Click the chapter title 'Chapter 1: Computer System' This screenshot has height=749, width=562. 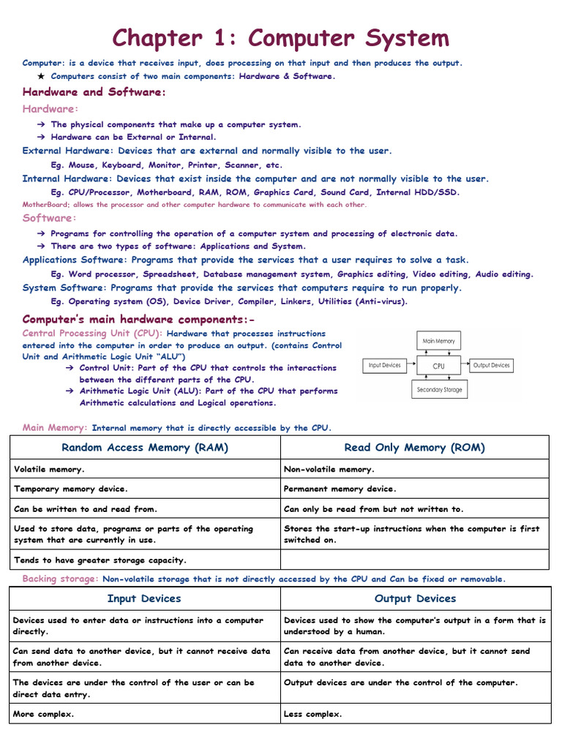(x=280, y=37)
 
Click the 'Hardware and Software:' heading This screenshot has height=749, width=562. (x=94, y=92)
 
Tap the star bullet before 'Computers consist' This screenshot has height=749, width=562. (x=41, y=76)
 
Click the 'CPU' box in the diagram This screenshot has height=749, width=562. (x=439, y=366)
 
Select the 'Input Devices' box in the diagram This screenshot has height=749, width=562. (x=385, y=366)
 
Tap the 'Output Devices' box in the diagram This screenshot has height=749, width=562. (x=491, y=366)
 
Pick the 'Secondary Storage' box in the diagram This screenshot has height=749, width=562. (x=439, y=390)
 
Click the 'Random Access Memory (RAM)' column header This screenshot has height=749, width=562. (x=145, y=448)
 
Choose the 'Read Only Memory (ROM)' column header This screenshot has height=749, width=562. (x=414, y=448)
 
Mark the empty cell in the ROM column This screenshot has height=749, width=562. (x=414, y=560)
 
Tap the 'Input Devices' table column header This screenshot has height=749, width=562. (x=144, y=598)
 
